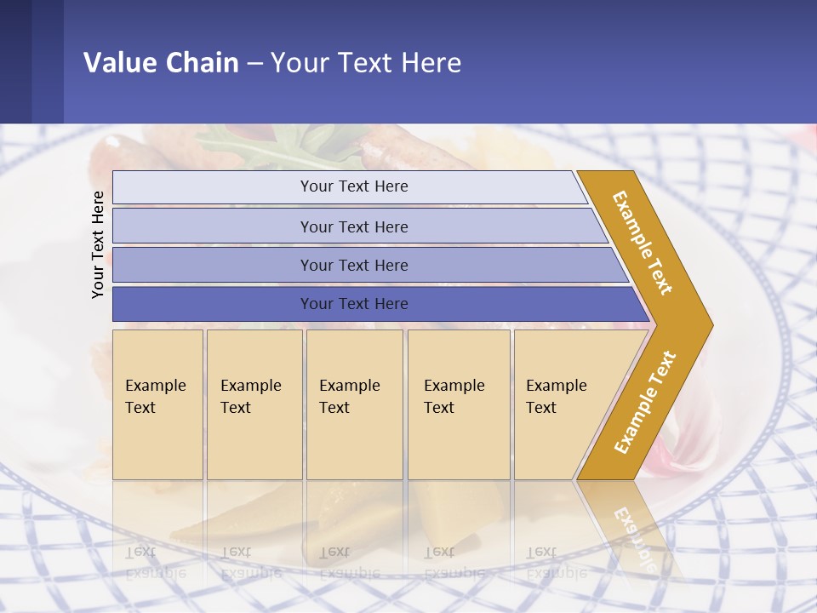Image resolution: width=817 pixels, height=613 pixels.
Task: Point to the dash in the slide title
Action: [254, 63]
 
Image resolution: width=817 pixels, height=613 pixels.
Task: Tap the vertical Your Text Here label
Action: [98, 244]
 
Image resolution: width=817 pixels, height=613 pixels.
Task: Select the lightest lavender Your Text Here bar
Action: [353, 186]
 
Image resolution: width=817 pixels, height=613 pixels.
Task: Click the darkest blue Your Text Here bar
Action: [353, 304]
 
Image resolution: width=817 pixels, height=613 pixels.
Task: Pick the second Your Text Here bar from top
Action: [353, 226]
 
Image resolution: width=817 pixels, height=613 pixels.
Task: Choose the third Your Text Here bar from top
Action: [353, 265]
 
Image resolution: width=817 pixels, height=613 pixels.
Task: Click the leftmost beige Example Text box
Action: [157, 404]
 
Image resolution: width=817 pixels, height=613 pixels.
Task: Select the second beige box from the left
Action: [254, 404]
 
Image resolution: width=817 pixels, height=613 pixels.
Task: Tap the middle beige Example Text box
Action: [354, 404]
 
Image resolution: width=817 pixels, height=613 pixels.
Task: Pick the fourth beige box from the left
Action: [459, 404]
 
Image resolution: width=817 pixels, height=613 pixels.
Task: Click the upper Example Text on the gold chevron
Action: [643, 243]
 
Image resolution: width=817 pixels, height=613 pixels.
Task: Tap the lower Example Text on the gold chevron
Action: [644, 403]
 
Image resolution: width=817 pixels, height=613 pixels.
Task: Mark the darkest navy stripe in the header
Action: [15, 61]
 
